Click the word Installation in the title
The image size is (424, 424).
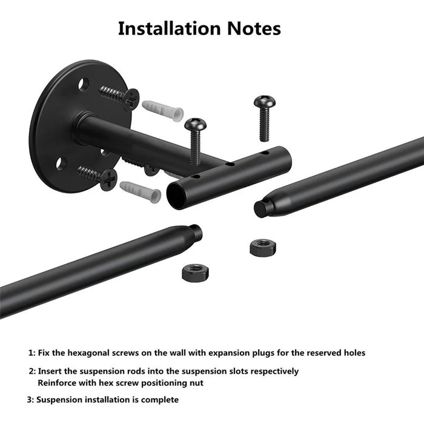[169, 28]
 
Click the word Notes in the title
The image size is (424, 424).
[254, 28]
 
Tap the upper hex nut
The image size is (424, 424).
[262, 247]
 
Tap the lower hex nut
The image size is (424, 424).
[195, 273]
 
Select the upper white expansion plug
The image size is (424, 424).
[163, 111]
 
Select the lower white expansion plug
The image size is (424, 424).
[141, 192]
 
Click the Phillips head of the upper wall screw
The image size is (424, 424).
[131, 99]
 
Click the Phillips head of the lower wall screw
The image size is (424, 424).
[108, 179]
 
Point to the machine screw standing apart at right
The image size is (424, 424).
[265, 118]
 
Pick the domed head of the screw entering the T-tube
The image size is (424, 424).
[195, 124]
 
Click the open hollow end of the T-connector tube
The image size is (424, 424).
[175, 195]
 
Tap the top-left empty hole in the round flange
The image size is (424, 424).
[84, 84]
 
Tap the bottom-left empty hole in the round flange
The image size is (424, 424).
[61, 164]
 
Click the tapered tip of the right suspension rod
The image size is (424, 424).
[261, 208]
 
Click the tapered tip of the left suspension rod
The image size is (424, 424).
[195, 232]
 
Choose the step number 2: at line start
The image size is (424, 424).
[32, 371]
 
